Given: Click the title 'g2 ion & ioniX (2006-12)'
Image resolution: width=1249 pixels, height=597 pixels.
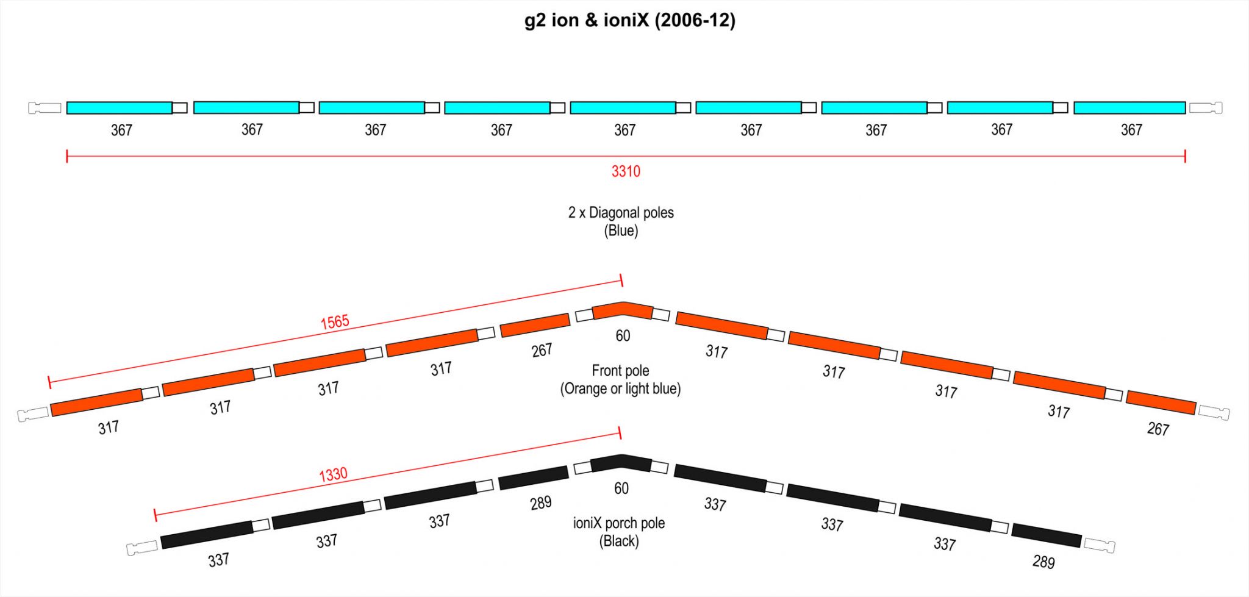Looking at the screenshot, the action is [x=630, y=21].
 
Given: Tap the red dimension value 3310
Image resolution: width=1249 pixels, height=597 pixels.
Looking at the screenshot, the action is [x=626, y=171].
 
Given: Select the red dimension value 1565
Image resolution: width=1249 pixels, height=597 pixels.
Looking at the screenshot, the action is [x=335, y=322].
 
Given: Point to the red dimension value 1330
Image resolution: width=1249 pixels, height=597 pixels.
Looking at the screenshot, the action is [x=333, y=474].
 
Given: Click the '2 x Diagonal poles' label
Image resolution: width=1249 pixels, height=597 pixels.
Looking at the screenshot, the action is [x=621, y=213].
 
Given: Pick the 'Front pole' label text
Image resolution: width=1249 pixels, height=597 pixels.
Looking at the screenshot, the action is [x=620, y=371].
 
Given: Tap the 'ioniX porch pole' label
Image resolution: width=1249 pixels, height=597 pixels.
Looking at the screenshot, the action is [x=619, y=523].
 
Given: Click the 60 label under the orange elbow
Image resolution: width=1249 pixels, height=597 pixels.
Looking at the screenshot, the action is [x=623, y=336].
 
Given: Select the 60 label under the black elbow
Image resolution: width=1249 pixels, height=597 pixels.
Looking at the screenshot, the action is [x=621, y=488].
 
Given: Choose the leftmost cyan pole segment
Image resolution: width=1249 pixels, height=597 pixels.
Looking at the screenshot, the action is [x=120, y=108].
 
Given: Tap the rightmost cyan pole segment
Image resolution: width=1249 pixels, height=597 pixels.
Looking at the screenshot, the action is [x=1129, y=108].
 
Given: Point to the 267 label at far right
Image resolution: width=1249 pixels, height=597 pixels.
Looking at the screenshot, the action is [x=1158, y=429].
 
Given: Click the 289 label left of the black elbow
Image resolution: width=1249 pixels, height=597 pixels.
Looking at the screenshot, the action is [x=540, y=503].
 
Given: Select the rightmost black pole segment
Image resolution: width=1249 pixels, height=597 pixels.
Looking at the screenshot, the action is [x=1047, y=535].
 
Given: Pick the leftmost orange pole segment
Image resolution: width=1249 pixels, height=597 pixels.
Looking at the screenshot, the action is [x=96, y=402].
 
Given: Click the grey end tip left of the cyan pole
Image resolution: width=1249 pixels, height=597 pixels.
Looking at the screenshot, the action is [x=45, y=108].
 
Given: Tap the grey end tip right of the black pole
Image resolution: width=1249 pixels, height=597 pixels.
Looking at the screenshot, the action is [x=1100, y=545].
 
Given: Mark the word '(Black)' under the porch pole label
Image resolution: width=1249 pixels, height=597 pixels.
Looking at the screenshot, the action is [x=619, y=542].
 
